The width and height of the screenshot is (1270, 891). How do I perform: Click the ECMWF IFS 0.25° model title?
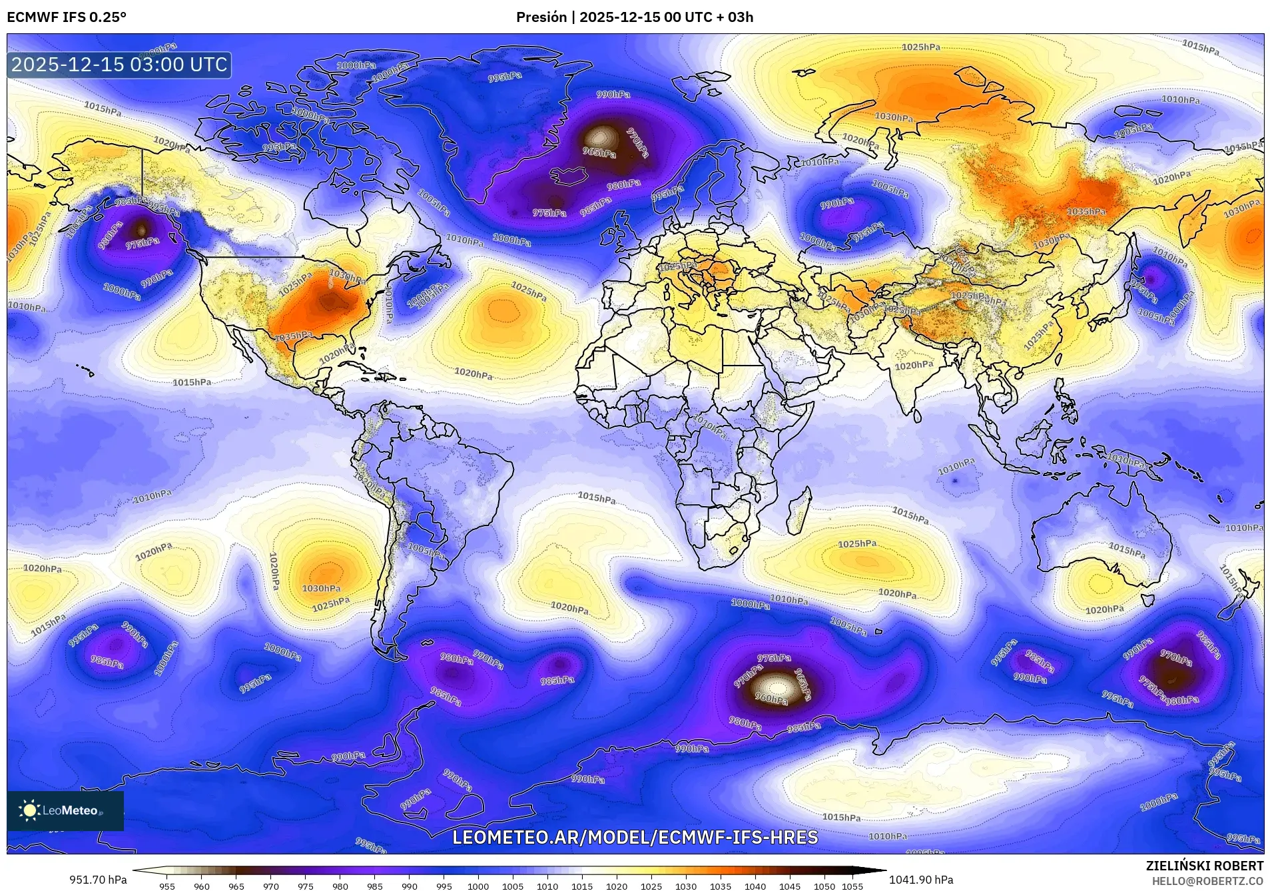[66, 17]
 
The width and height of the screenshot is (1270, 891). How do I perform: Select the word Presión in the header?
[541, 17]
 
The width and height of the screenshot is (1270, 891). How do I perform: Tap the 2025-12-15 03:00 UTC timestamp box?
[119, 65]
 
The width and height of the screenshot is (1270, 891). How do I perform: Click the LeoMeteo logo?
[65, 810]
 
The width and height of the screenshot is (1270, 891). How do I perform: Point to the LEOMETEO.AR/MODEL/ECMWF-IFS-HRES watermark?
[635, 837]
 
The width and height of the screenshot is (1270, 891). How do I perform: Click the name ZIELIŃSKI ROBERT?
[1204, 866]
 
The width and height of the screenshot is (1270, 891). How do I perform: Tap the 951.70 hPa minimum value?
[98, 880]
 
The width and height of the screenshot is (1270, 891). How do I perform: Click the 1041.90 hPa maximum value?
[921, 880]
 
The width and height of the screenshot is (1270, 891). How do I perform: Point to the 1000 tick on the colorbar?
[478, 886]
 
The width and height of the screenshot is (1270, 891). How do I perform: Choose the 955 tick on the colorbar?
[166, 886]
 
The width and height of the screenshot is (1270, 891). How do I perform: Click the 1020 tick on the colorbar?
[617, 886]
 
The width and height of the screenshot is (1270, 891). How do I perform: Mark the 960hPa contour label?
[771, 699]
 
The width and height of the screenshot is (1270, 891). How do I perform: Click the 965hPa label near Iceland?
[599, 152]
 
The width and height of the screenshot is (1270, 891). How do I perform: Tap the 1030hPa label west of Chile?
[322, 588]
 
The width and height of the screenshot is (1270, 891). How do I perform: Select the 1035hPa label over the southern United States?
[293, 336]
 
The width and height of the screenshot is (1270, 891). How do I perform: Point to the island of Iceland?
[568, 176]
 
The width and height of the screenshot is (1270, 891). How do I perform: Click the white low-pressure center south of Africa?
[777, 686]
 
